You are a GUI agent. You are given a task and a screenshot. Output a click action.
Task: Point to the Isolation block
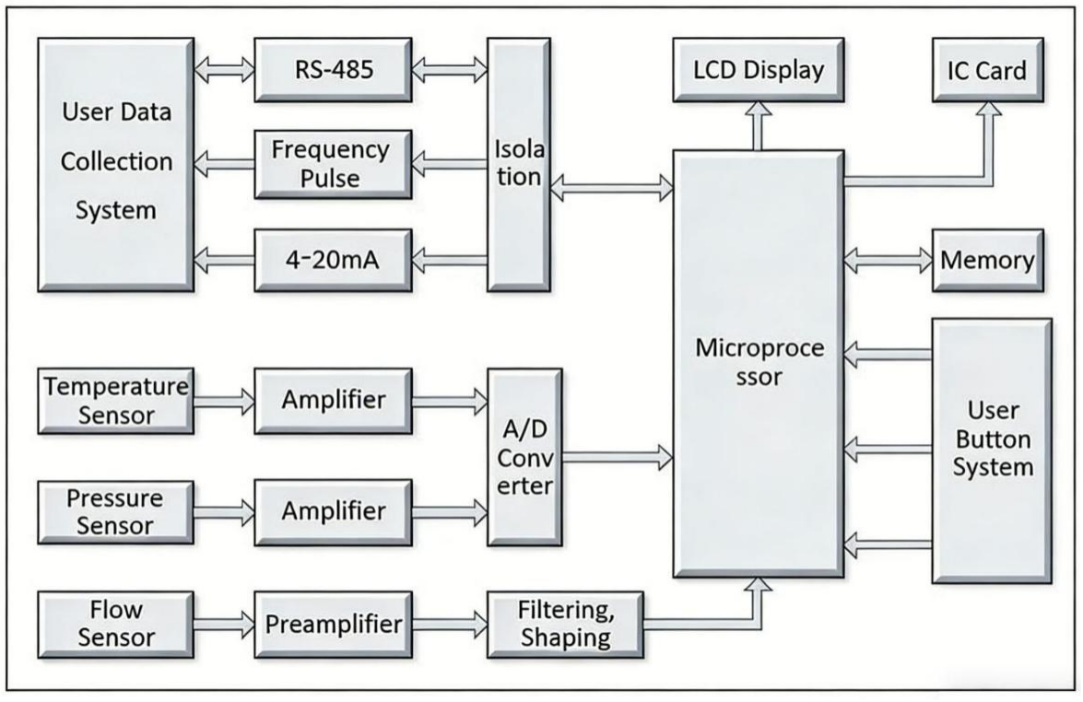[518, 164]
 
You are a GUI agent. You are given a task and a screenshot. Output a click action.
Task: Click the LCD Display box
[759, 70]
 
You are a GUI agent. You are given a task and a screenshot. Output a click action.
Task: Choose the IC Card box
[987, 70]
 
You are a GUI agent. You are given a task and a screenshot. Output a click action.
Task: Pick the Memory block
[986, 260]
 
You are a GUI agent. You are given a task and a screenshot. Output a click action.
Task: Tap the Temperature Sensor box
[114, 401]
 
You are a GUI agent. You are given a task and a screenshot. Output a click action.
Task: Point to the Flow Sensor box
[114, 624]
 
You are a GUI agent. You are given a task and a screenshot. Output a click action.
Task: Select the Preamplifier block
[333, 625]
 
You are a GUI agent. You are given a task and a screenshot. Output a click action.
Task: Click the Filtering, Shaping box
[565, 624]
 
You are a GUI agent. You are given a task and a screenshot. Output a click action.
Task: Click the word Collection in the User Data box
[116, 162]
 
